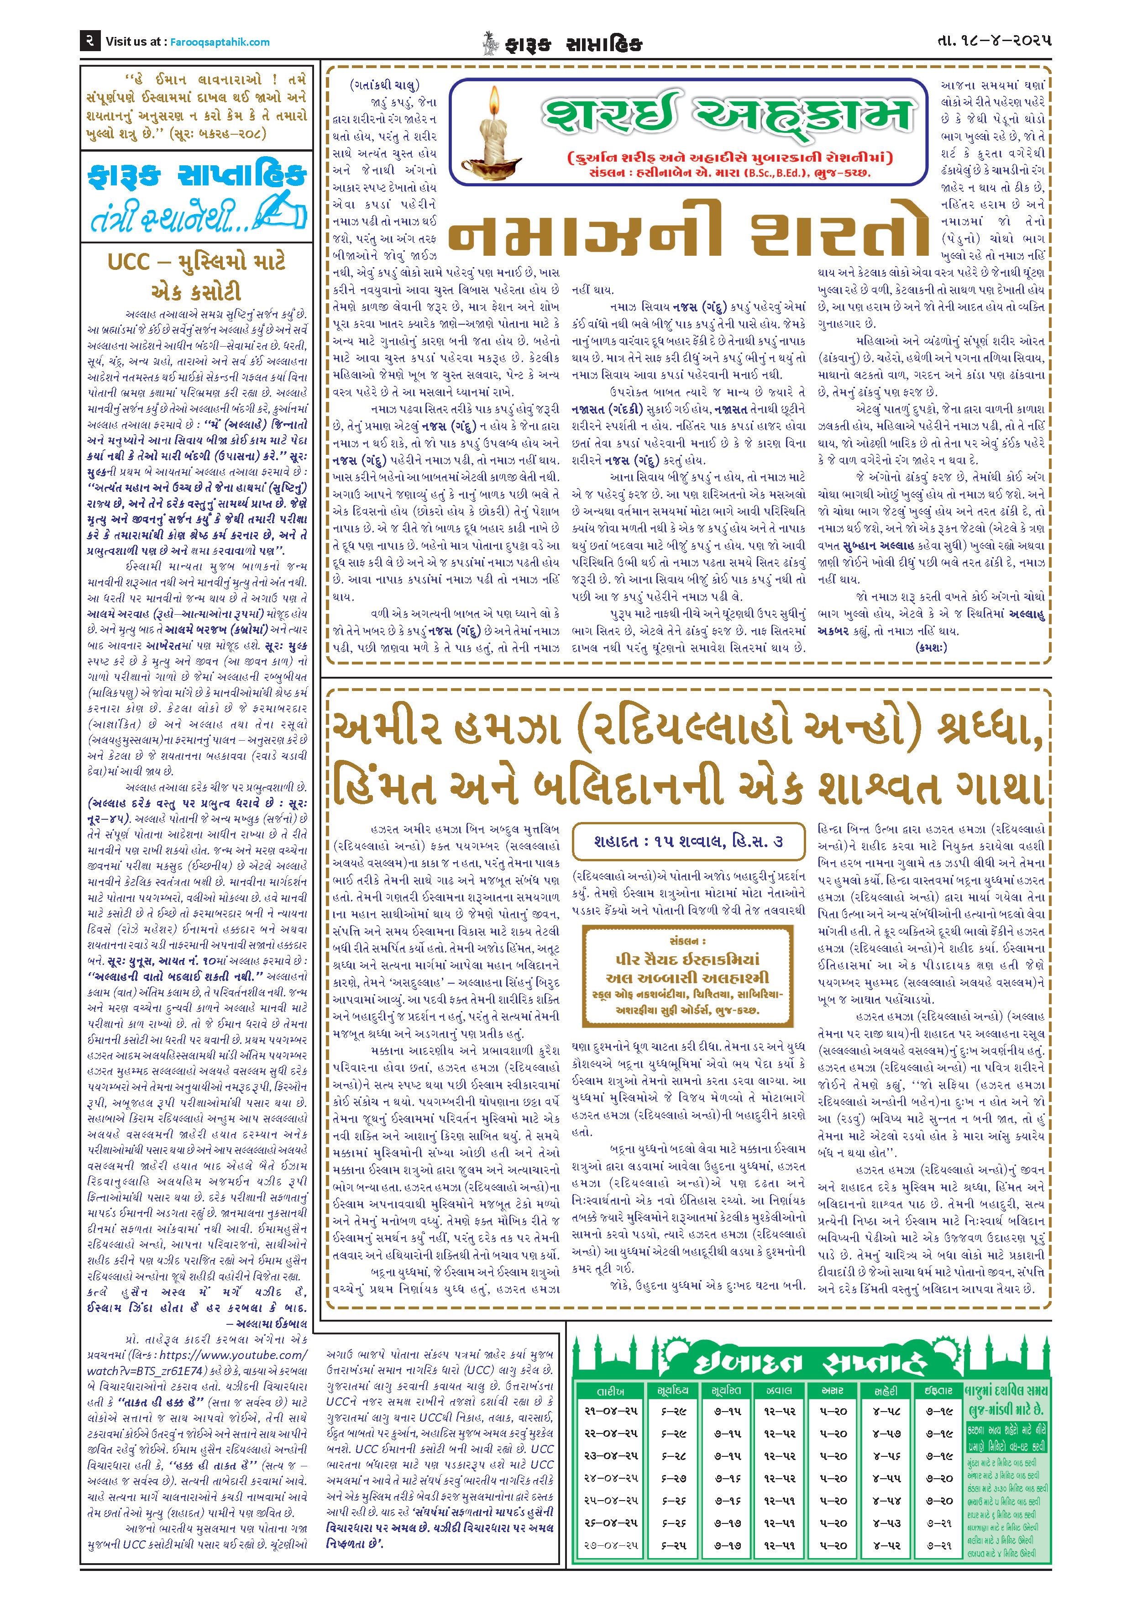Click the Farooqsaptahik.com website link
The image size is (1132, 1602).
220,42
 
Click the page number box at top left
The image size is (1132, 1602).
91,41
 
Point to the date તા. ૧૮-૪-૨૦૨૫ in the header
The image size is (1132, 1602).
994,41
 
